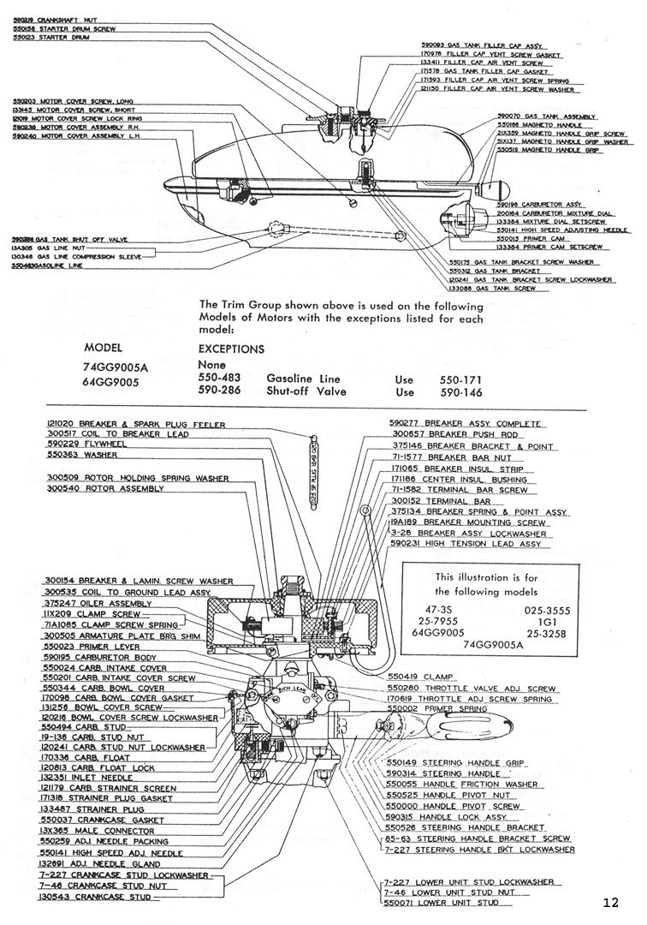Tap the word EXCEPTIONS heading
coord(231,349)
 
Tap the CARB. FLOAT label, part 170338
coord(82,757)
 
